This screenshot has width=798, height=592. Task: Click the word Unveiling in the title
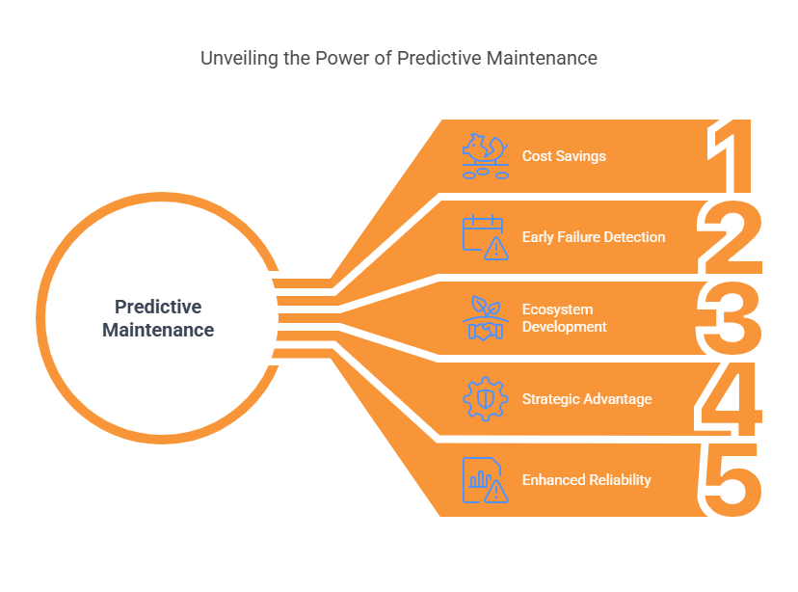(x=239, y=59)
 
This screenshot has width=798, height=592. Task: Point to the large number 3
(x=730, y=318)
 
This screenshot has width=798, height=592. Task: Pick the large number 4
(x=729, y=399)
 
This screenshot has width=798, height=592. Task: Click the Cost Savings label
(x=564, y=156)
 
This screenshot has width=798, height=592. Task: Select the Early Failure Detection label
(x=594, y=237)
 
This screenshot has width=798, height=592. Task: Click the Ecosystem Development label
(x=565, y=318)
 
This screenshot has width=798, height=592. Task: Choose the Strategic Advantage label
(x=587, y=399)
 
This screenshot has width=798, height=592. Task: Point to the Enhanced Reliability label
(x=586, y=480)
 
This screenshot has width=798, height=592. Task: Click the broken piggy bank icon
(x=486, y=156)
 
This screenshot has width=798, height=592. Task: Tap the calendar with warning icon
(x=486, y=237)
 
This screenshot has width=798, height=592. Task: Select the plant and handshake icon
(x=486, y=318)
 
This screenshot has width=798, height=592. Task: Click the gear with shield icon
(x=486, y=399)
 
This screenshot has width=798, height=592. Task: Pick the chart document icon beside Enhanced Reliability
(x=486, y=480)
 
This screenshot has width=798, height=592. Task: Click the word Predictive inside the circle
(x=158, y=307)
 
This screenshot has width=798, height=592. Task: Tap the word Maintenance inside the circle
(x=158, y=331)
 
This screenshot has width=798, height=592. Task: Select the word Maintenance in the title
(x=542, y=58)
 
